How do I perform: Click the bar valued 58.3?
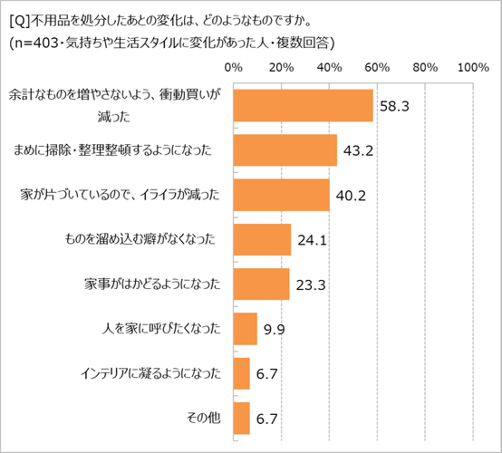click(303, 105)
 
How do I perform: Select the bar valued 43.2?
click(285, 149)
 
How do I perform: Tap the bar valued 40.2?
click(281, 194)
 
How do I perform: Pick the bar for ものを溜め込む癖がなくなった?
click(262, 239)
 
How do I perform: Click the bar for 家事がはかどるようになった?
click(261, 284)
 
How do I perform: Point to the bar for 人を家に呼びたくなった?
click(245, 329)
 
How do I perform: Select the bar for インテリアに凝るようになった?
click(241, 373)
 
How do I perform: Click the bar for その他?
click(241, 418)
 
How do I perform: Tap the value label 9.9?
click(273, 330)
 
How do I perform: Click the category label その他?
click(204, 418)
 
